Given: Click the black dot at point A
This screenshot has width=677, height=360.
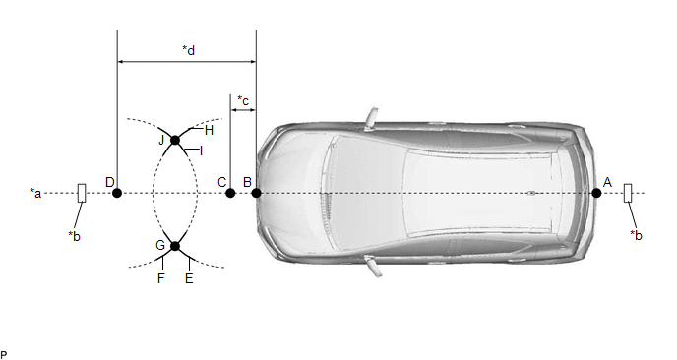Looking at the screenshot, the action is (596, 193).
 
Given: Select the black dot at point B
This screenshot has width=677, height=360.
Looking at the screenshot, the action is (256, 193).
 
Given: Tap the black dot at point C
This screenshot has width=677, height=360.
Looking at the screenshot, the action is (230, 193).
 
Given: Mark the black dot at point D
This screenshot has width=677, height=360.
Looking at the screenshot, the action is (117, 193).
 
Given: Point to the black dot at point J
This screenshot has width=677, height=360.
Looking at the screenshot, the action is (175, 140).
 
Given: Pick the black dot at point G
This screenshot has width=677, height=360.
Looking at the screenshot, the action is (175, 246).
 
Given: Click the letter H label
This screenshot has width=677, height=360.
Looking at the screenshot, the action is (209, 131).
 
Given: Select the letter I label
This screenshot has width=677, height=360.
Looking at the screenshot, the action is (201, 151).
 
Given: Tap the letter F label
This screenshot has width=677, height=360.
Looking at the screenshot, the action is (161, 278).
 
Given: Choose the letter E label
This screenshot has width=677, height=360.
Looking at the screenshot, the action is (189, 278).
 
